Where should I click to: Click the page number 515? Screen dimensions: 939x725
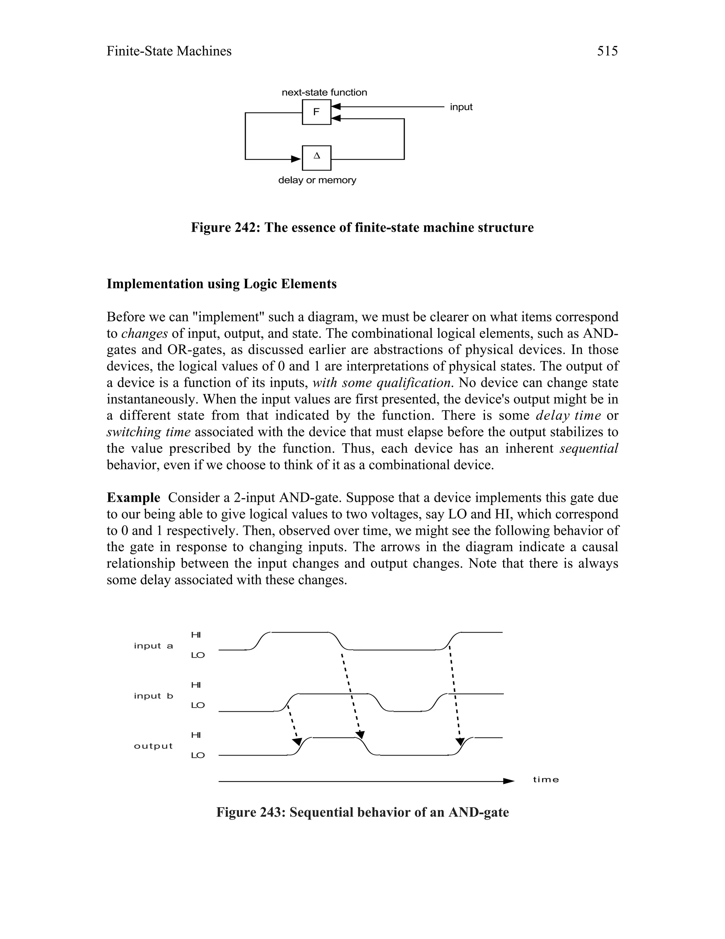coord(607,51)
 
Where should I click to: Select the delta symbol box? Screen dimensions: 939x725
coord(316,158)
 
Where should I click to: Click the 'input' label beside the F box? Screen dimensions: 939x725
coord(461,107)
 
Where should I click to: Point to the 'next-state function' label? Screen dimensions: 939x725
coord(324,92)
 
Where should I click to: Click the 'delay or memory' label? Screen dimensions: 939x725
coord(317,180)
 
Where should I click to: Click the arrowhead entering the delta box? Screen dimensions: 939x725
coord(296,159)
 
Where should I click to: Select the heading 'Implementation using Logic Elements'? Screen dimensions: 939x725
coord(221,284)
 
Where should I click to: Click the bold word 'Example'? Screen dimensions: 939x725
coord(133,497)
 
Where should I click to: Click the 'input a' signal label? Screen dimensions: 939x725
coord(153,646)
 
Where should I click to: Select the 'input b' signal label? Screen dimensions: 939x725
coord(153,696)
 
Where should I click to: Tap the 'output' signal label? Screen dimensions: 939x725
coord(153,746)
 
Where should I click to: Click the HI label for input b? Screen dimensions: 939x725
coord(196,685)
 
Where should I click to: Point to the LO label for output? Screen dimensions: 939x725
coord(198,755)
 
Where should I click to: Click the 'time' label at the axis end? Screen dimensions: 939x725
coord(546,780)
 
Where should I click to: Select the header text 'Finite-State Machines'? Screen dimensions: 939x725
coord(169,51)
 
